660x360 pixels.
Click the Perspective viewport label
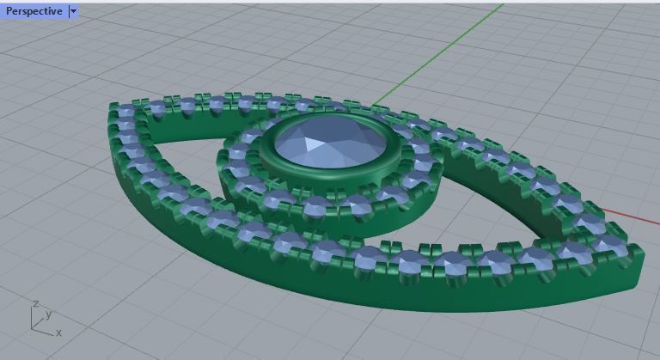tap(33, 11)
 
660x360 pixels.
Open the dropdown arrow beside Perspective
tap(73, 11)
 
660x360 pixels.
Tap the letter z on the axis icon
tap(34, 303)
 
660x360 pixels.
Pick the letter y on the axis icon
tap(49, 315)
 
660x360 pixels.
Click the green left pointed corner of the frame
tap(112, 110)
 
